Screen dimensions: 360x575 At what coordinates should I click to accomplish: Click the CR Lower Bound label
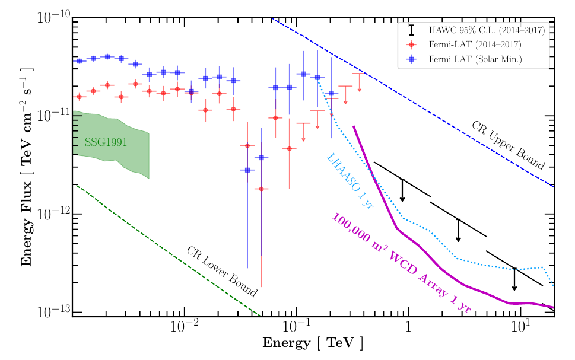pyautogui.click(x=222, y=271)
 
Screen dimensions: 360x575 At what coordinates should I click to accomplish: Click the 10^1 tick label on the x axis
pyautogui.click(x=520, y=328)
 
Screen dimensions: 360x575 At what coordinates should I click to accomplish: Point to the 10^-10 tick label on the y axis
pyautogui.click(x=50, y=18)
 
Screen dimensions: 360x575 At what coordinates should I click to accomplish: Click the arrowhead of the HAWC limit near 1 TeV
pyautogui.click(x=402, y=199)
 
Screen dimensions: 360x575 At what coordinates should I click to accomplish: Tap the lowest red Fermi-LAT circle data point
pyautogui.click(x=261, y=189)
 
